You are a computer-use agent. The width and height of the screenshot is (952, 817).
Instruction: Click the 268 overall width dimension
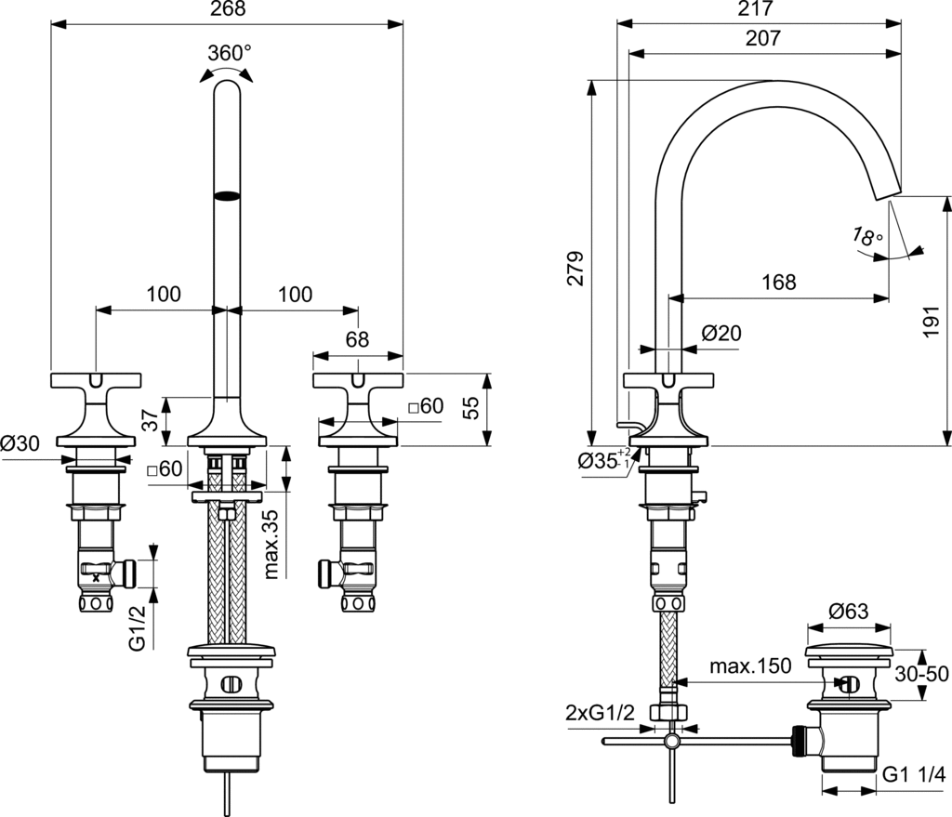[x=226, y=10]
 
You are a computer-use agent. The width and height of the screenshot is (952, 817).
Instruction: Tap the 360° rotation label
[x=228, y=53]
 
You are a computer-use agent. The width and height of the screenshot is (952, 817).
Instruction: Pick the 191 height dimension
[x=934, y=321]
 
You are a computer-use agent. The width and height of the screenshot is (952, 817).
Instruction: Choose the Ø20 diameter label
[x=721, y=333]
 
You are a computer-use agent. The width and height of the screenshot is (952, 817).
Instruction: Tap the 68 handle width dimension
[x=357, y=340]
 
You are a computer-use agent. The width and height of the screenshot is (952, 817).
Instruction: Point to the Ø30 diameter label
[x=20, y=443]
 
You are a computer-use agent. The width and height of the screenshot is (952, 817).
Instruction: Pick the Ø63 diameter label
[x=847, y=612]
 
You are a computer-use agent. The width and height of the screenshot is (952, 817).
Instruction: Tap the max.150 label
[x=750, y=666]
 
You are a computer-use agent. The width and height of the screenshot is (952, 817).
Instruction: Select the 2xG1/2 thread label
[x=600, y=714]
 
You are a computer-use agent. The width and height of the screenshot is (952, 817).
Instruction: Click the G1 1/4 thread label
[x=913, y=774]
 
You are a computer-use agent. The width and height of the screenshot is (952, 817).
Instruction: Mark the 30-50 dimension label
[x=922, y=672]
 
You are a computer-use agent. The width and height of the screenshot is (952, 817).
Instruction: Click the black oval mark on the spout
[x=227, y=195]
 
